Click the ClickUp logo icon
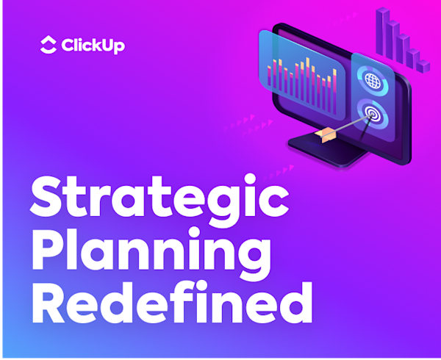(48, 45)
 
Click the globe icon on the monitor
(371, 80)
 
